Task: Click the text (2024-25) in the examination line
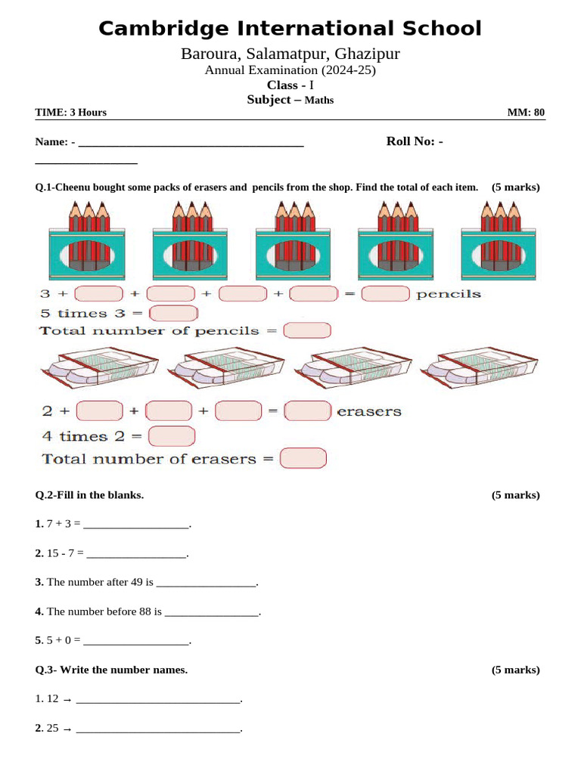[349, 70]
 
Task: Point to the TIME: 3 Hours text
[71, 113]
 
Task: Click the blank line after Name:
[191, 143]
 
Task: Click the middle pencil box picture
[290, 237]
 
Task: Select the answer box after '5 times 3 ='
[174, 313]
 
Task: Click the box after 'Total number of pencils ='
[306, 331]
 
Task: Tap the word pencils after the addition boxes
[448, 294]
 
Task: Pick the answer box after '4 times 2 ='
[172, 436]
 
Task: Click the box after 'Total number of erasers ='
[303, 459]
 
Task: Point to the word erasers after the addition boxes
[369, 412]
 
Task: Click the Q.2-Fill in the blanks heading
[89, 495]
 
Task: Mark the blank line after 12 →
[158, 700]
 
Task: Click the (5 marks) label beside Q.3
[515, 670]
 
